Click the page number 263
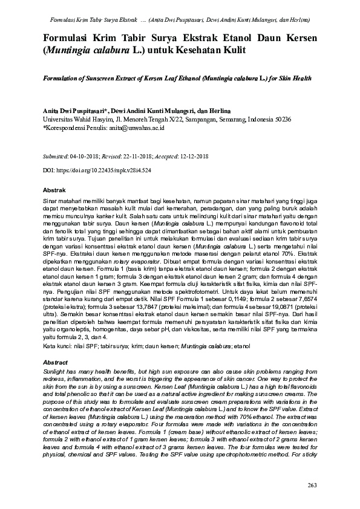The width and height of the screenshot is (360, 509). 312,485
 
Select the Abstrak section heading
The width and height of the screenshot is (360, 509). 54,190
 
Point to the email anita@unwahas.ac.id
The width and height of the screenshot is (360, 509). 145,128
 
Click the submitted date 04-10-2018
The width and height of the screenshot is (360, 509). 87,156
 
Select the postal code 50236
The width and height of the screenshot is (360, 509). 281,120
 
